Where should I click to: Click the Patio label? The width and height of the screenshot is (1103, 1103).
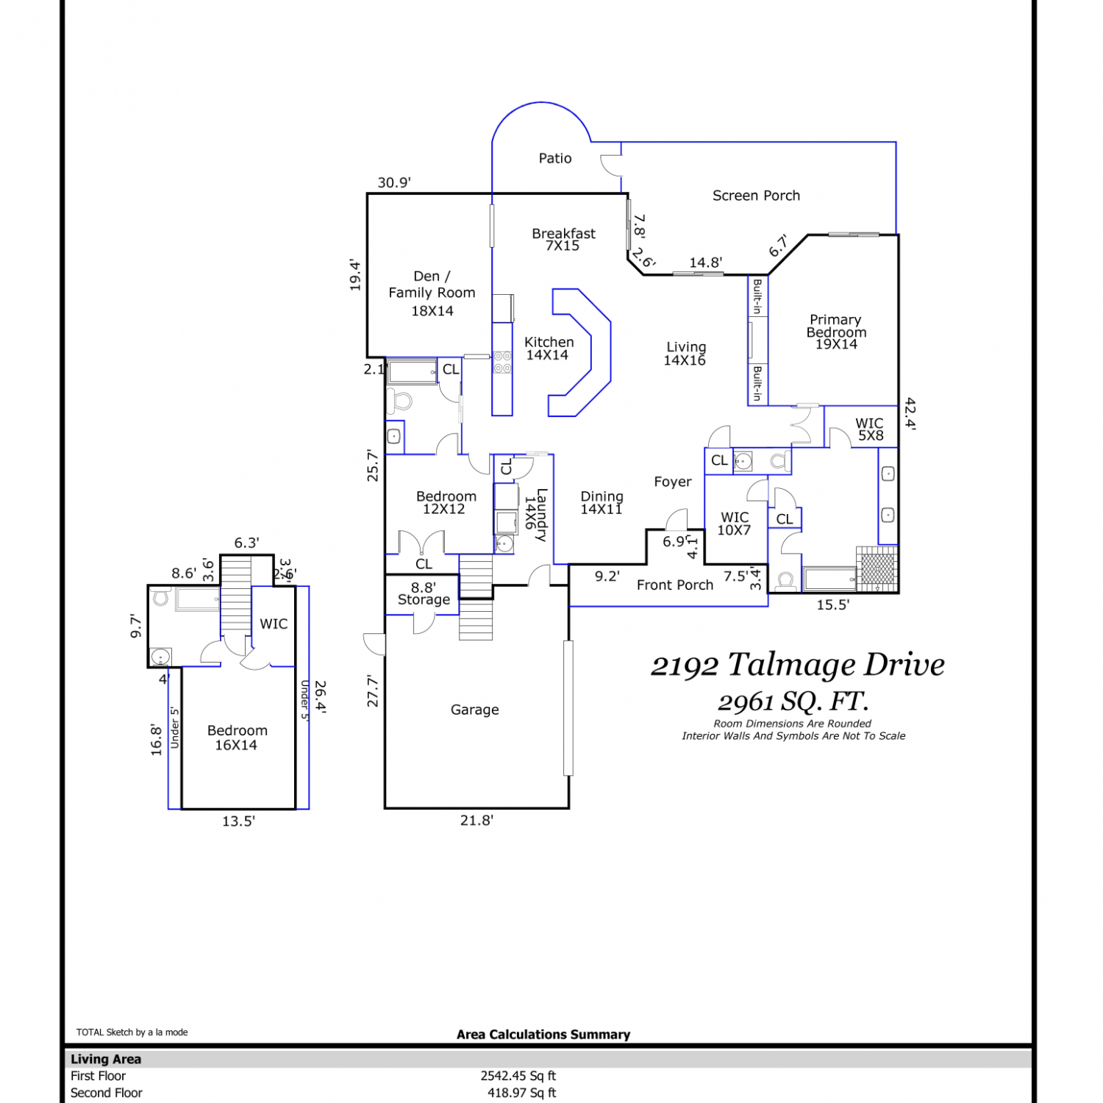555,158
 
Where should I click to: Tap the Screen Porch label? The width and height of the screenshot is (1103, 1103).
756,196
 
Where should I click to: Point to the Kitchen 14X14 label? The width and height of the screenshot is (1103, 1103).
549,349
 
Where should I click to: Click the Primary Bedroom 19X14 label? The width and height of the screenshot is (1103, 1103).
836,332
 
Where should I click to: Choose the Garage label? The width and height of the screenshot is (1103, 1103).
474,710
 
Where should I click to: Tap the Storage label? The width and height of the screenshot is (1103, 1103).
424,600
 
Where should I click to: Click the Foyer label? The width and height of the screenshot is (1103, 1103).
673,482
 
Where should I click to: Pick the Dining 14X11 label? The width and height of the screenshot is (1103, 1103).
602,502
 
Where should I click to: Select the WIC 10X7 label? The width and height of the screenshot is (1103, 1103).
734,524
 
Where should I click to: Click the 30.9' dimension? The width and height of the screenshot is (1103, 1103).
394,182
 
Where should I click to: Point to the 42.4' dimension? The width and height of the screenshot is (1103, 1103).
910,414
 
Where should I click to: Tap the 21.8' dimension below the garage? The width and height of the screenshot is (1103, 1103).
476,821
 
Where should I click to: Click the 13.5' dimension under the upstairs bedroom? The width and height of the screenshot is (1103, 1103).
238,821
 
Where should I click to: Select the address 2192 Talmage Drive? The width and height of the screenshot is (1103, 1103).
798,665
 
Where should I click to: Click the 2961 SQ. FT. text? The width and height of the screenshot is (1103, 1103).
793,702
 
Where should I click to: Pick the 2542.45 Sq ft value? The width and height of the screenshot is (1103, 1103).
518,1076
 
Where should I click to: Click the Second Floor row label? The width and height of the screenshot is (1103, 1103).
107,1093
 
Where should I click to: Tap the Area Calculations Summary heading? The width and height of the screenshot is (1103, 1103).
543,1035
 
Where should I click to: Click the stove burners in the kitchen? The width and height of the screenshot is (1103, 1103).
502,363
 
